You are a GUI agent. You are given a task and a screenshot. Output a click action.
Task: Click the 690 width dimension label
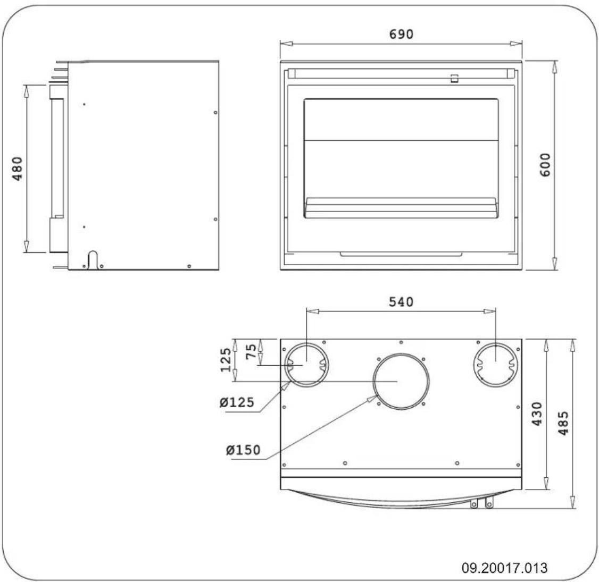[x=401, y=34]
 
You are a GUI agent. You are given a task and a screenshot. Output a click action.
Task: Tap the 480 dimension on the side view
[x=18, y=168]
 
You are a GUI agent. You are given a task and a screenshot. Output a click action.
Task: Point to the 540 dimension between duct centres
[x=401, y=302]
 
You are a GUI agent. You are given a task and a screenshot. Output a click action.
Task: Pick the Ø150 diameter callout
[x=243, y=450]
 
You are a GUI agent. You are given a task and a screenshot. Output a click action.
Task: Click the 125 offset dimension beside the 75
[x=227, y=360]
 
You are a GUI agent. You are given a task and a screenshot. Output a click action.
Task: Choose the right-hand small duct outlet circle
[x=495, y=364]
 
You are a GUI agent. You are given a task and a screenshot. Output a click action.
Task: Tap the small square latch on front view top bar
[x=454, y=79]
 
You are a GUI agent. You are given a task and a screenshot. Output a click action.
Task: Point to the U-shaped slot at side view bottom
[x=93, y=258]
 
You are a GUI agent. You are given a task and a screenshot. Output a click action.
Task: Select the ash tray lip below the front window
[x=400, y=254]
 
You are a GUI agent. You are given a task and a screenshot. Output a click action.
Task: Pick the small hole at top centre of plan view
[x=401, y=342]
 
